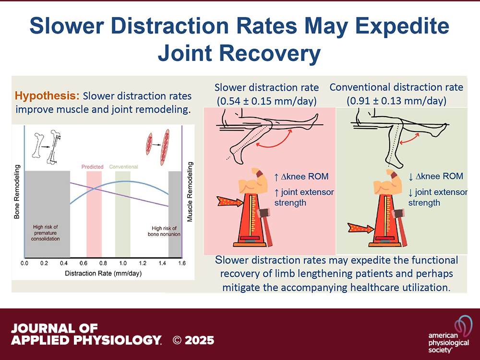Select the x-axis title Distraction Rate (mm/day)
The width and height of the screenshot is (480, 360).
[104, 274]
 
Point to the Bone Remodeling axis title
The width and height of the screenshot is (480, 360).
[17, 192]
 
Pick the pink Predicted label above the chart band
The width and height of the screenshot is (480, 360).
[92, 167]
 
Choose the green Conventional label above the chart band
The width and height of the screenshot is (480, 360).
[123, 167]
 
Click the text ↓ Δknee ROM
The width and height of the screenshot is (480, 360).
[435, 176]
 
